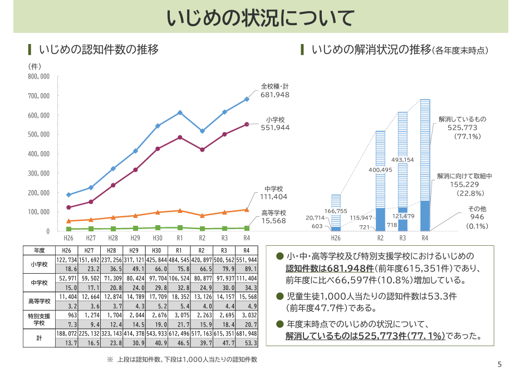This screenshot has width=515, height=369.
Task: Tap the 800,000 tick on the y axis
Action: [38, 76]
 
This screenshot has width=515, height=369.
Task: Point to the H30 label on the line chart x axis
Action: [158, 238]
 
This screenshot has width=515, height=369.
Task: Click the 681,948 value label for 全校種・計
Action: [274, 95]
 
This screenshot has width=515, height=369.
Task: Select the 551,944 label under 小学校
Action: [275, 128]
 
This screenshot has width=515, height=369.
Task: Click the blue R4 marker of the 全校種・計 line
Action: [247, 99]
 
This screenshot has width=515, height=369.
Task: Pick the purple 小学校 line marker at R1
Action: [180, 137]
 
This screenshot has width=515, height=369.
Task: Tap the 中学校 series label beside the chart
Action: [274, 188]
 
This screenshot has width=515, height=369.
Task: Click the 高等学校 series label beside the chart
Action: [273, 212]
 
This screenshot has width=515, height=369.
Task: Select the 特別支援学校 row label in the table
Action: [39, 319]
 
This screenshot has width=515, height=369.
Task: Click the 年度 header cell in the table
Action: [39, 250]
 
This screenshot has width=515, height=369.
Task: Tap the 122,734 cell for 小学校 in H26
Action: [67, 260]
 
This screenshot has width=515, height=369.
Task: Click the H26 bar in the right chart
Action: [336, 212]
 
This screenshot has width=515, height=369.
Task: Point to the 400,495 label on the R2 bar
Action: [381, 169]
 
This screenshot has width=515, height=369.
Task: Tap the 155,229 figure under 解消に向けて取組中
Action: [465, 184]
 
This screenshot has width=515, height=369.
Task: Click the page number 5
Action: [499, 365]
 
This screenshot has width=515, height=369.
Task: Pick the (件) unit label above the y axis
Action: [35, 66]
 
